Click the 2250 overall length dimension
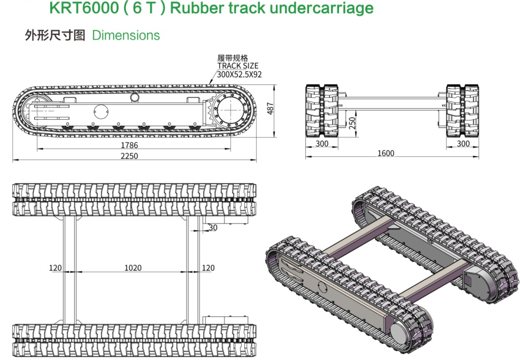tap(129, 156)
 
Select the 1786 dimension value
tap(129, 145)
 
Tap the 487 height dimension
tap(270, 109)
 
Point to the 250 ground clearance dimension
tap(351, 122)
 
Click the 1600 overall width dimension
tap(385, 154)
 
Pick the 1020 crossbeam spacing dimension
tap(132, 267)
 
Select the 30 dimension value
tap(213, 227)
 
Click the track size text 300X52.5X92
tap(239, 74)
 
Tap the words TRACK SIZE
tap(237, 66)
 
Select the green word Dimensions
tap(126, 36)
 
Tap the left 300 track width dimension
tap(322, 144)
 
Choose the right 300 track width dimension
tap(463, 144)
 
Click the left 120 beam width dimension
tap(56, 267)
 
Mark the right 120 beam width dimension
tap(208, 267)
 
